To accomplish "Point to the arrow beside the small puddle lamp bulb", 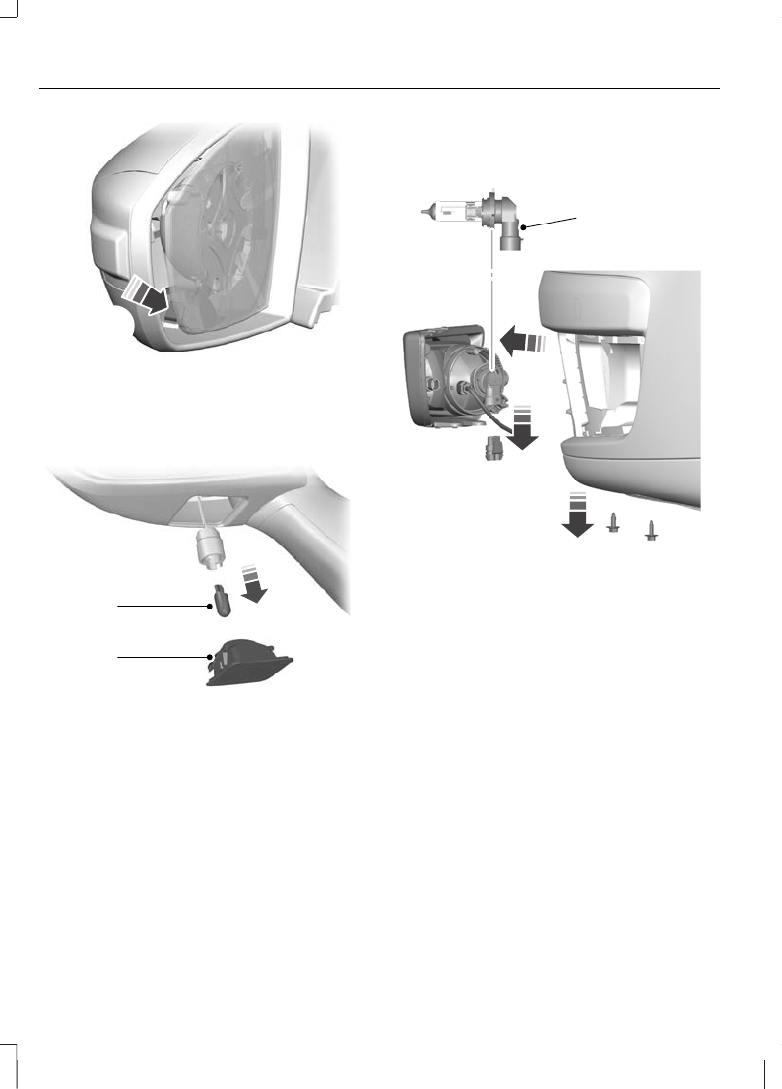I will point(256,580).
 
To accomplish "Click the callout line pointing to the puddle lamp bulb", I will point(163,608).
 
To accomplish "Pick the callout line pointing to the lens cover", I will point(163,655).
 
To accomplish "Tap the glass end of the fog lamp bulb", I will point(447,210).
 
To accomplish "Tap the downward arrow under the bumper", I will point(577,515).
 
